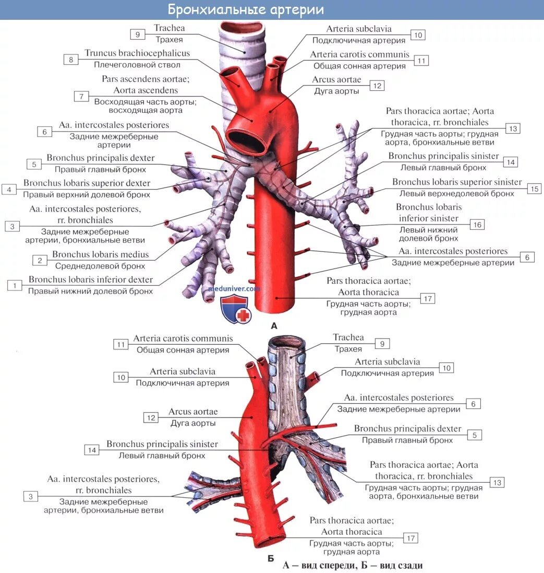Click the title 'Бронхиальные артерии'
tap(246, 10)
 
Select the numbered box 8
tap(71, 60)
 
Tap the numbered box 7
tap(80, 96)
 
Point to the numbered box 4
tap(9, 189)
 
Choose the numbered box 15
tap(534, 189)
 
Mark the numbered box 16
tap(477, 225)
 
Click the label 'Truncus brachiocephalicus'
tap(137, 53)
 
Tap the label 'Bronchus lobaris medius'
tap(100, 255)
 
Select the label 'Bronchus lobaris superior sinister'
tap(457, 182)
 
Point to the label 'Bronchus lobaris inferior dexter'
tap(91, 279)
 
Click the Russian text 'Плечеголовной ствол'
tap(137, 65)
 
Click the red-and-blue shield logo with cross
tap(236, 309)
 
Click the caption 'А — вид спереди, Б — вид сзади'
tap(353, 565)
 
